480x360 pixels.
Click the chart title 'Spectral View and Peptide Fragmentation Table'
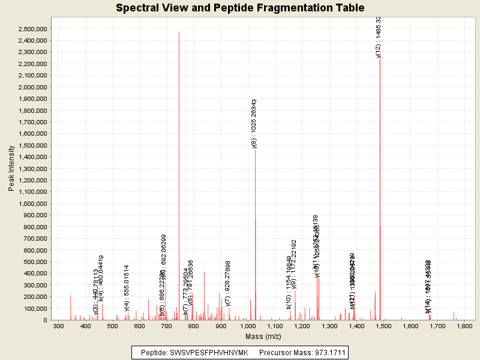click(240, 8)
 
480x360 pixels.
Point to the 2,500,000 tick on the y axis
click(34, 29)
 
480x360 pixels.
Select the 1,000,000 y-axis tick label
click(34, 203)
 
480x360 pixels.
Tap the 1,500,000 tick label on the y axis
click(34, 145)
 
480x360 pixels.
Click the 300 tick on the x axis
click(58, 326)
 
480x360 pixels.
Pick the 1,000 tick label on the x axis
click(248, 326)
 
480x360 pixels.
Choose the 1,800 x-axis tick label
click(464, 326)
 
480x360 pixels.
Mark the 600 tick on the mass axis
click(140, 326)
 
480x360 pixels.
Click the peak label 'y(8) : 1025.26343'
click(254, 124)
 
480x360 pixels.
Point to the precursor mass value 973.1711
click(329, 352)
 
